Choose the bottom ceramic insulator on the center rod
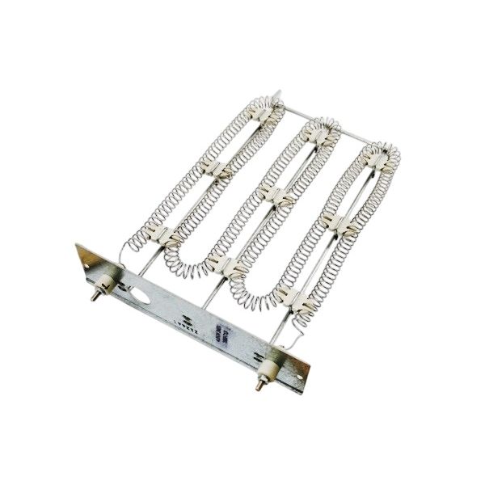(229, 267)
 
